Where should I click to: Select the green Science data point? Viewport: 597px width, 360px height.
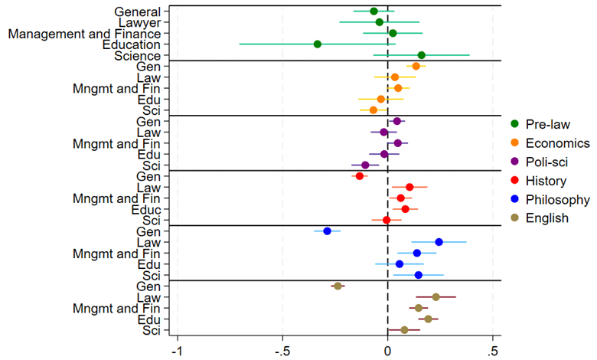pyautogui.click(x=421, y=55)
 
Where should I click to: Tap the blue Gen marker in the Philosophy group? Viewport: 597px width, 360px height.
pyautogui.click(x=328, y=231)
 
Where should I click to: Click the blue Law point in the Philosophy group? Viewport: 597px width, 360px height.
pyautogui.click(x=439, y=242)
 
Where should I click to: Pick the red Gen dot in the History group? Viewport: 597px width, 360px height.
pyautogui.click(x=360, y=176)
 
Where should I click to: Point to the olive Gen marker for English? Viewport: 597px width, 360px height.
pyautogui.click(x=338, y=286)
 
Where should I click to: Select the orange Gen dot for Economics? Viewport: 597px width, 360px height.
pyautogui.click(x=416, y=66)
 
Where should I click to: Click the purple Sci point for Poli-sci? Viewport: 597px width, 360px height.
pyautogui.click(x=365, y=165)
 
